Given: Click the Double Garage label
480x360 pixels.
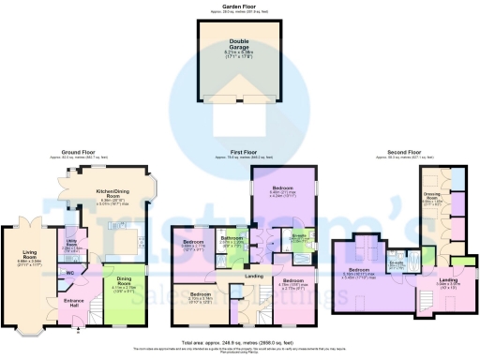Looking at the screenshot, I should tap(240, 44).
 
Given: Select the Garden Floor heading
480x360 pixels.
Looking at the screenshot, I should tap(240, 5).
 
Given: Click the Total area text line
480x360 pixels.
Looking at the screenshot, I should tap(240, 344).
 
